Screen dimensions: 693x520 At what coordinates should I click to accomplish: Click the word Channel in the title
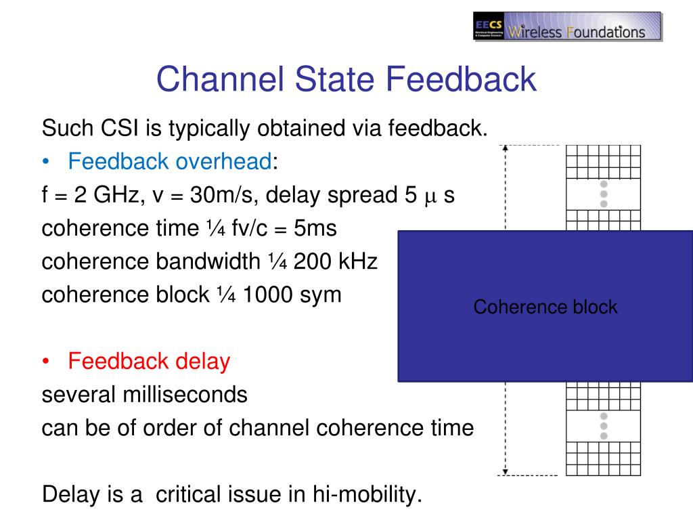[x=220, y=79]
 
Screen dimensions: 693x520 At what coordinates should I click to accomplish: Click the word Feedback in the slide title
[x=461, y=79]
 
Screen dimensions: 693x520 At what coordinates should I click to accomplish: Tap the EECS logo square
[x=489, y=26]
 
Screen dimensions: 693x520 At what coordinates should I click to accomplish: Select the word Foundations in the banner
[x=606, y=32]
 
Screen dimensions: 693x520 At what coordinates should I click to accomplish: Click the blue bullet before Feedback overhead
[x=46, y=162]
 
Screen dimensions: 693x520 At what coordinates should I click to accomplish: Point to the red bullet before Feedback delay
[x=46, y=362]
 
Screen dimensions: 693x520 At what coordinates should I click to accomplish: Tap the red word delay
[x=203, y=362]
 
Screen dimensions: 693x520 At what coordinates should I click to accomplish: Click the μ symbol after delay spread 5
[x=430, y=198]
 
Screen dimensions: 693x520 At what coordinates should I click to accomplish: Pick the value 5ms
[x=315, y=228]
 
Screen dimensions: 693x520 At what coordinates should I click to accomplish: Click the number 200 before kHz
[x=312, y=261]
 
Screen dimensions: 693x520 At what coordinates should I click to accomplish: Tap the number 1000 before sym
[x=267, y=295]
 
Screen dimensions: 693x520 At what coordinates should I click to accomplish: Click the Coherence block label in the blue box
[x=545, y=307]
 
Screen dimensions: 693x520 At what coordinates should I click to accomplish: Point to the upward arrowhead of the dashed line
[x=506, y=148]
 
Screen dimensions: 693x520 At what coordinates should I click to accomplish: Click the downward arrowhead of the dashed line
[x=506, y=472]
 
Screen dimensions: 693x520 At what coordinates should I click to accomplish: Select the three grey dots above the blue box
[x=604, y=194]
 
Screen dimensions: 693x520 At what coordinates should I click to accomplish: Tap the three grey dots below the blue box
[x=604, y=427]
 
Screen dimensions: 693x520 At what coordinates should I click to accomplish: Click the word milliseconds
[x=185, y=395]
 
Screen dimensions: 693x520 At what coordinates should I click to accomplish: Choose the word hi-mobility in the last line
[x=367, y=495]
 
